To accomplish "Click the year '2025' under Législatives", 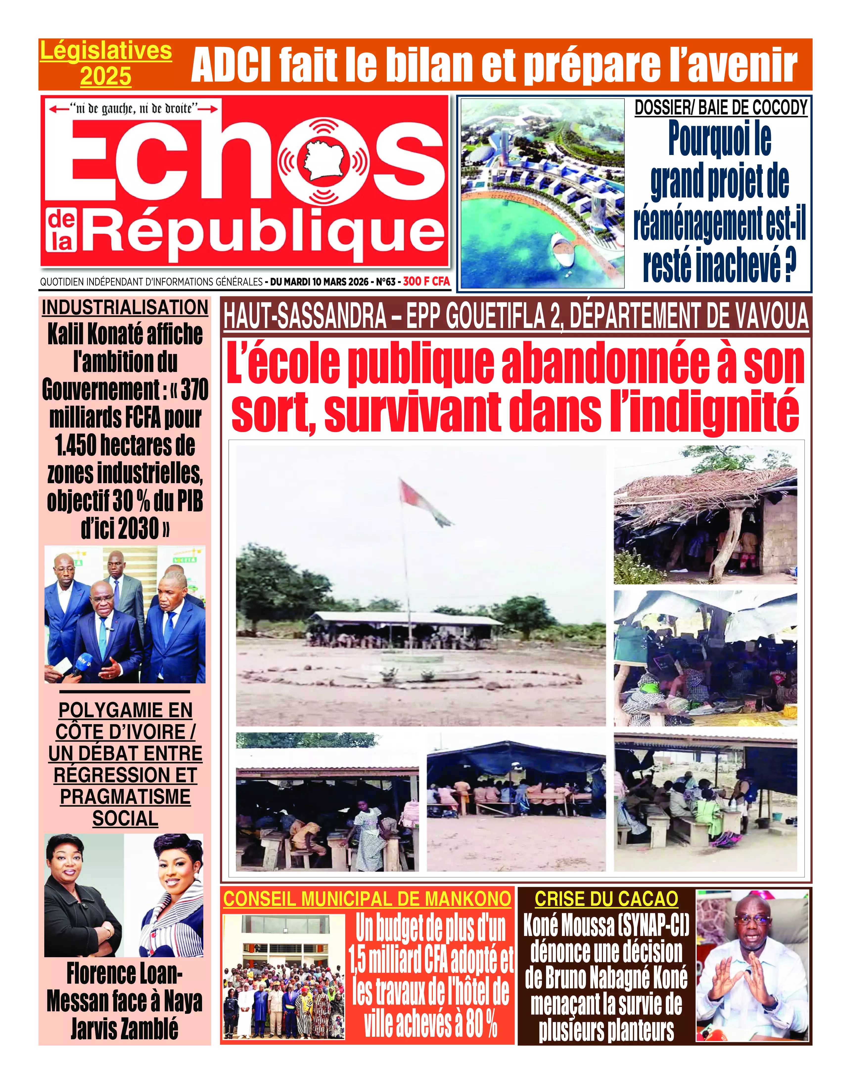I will coord(106,76).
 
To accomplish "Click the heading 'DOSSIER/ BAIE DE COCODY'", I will coord(720,108).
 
